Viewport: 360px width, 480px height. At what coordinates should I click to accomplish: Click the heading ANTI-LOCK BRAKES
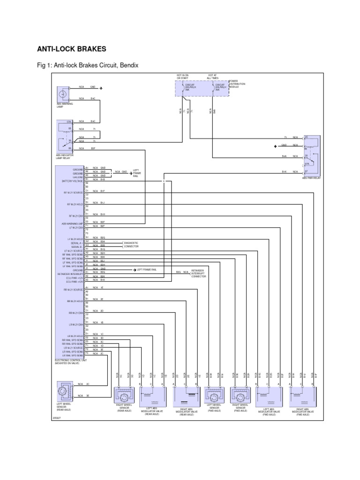[72, 49]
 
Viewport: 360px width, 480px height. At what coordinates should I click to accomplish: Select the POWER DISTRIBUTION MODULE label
[237, 84]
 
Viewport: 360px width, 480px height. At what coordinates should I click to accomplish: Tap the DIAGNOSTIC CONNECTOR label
[132, 244]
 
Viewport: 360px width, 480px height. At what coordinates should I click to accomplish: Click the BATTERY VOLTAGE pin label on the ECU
[72, 180]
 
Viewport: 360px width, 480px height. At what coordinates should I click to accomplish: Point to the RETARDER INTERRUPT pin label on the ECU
[71, 274]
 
